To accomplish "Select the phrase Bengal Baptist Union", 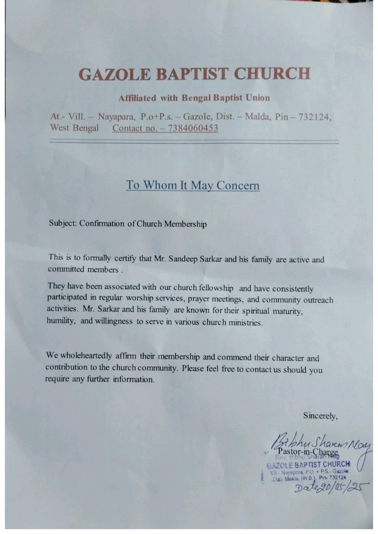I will pyautogui.click(x=226, y=98).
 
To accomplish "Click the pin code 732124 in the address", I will pyautogui.click(x=314, y=117).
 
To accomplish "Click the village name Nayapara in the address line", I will pyautogui.click(x=116, y=117).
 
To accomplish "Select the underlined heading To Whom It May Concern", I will pyautogui.click(x=193, y=185).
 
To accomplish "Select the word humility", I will pyautogui.click(x=61, y=321).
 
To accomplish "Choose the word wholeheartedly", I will pyautogui.click(x=86, y=355).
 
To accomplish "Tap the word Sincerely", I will pyautogui.click(x=320, y=416).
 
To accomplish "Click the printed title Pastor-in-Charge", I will pyautogui.click(x=308, y=452).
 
